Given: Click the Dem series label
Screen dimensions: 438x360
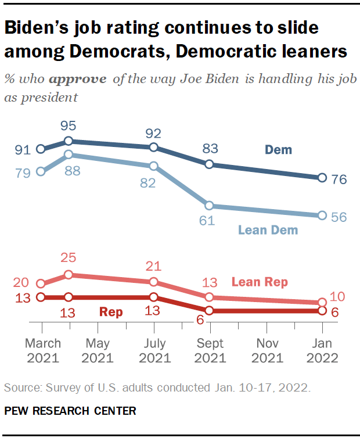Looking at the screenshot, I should click(x=279, y=150).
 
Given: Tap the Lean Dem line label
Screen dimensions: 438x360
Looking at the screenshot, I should click(x=268, y=230).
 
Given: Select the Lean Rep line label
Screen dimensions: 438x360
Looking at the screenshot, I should click(x=260, y=282).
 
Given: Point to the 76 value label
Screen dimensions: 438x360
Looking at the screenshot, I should click(x=339, y=179).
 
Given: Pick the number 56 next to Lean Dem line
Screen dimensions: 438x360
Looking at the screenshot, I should click(x=339, y=216).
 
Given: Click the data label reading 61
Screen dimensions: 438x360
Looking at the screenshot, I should click(x=207, y=220).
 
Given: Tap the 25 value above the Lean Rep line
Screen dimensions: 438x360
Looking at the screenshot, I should click(x=69, y=258).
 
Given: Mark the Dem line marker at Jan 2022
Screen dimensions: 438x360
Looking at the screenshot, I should click(x=322, y=178).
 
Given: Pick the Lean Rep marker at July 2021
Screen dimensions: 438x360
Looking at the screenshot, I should click(x=153, y=282).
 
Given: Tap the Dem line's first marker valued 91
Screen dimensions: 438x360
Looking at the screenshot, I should click(x=41, y=149).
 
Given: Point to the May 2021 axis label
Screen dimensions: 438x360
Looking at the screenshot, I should click(x=97, y=350).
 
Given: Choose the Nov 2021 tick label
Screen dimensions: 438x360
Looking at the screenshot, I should click(x=266, y=350).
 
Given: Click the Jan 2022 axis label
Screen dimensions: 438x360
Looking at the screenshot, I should click(x=322, y=350).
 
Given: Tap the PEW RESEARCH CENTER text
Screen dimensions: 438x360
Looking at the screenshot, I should click(x=70, y=411).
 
